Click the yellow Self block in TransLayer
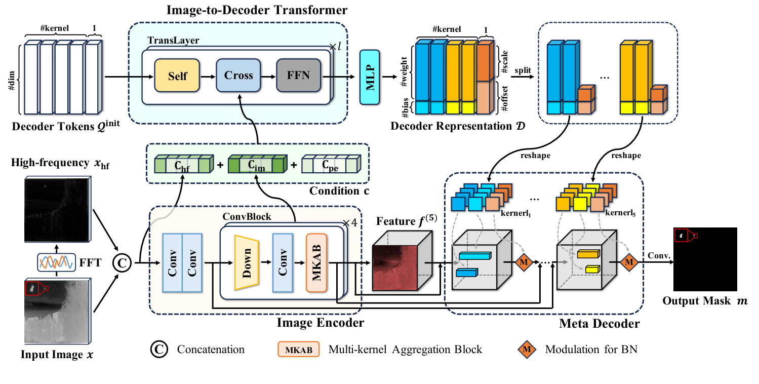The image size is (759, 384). coord(177,76)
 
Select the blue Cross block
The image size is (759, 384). coord(238,76)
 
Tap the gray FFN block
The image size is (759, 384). coord(299,76)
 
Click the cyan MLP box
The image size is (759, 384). coord(370,78)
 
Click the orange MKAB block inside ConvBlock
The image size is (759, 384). coord(316,262)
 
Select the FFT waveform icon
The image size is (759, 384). coord(56,262)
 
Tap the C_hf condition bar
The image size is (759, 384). coord(182,165)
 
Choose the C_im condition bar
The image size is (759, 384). coord(256,165)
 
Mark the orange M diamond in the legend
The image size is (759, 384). coord(527,349)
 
